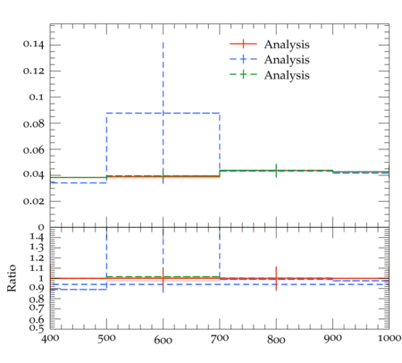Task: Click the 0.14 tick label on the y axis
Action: (33, 45)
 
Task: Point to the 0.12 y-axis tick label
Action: (33, 71)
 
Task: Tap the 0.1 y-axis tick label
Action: (37, 97)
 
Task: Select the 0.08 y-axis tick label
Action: (33, 123)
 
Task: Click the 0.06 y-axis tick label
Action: (33, 149)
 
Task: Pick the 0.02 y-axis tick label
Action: (33, 201)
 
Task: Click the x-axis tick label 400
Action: (50, 339)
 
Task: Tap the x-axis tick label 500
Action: (106, 339)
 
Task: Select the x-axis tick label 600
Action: (163, 340)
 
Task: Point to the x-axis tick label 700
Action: (220, 339)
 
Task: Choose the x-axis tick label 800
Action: (276, 340)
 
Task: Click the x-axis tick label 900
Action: (333, 339)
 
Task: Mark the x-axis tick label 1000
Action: (389, 338)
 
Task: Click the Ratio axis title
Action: (12, 278)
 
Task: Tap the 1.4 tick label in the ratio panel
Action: (37, 237)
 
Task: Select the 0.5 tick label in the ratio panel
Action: (37, 328)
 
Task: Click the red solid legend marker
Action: (243, 44)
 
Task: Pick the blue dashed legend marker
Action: (243, 59)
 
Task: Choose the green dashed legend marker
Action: (243, 74)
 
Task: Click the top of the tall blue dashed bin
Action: (163, 113)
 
